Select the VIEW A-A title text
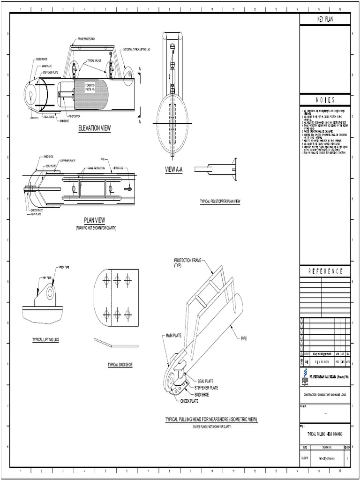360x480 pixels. point(173,170)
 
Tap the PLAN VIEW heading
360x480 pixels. point(94,220)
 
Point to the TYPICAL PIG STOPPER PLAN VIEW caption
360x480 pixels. point(220,201)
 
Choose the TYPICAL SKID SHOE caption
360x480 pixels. point(120,364)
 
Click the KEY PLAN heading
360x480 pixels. point(325,19)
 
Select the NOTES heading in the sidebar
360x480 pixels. point(325,100)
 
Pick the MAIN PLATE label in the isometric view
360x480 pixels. point(174,336)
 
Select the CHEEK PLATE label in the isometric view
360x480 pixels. point(189,401)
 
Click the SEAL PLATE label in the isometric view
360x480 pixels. point(205,381)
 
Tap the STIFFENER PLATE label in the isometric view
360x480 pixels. point(207,388)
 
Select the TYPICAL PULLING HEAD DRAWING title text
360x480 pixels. point(325,435)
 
